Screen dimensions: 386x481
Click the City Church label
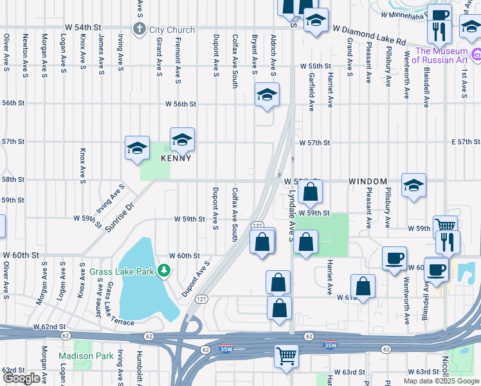(172, 29)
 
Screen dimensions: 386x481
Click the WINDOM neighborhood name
(368, 182)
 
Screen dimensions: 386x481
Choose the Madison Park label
(85, 356)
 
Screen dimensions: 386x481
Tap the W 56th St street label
(180, 104)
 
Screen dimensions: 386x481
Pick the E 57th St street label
(466, 142)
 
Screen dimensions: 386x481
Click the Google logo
(22, 378)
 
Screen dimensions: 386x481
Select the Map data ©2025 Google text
(440, 380)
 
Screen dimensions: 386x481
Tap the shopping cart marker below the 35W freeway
(287, 355)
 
